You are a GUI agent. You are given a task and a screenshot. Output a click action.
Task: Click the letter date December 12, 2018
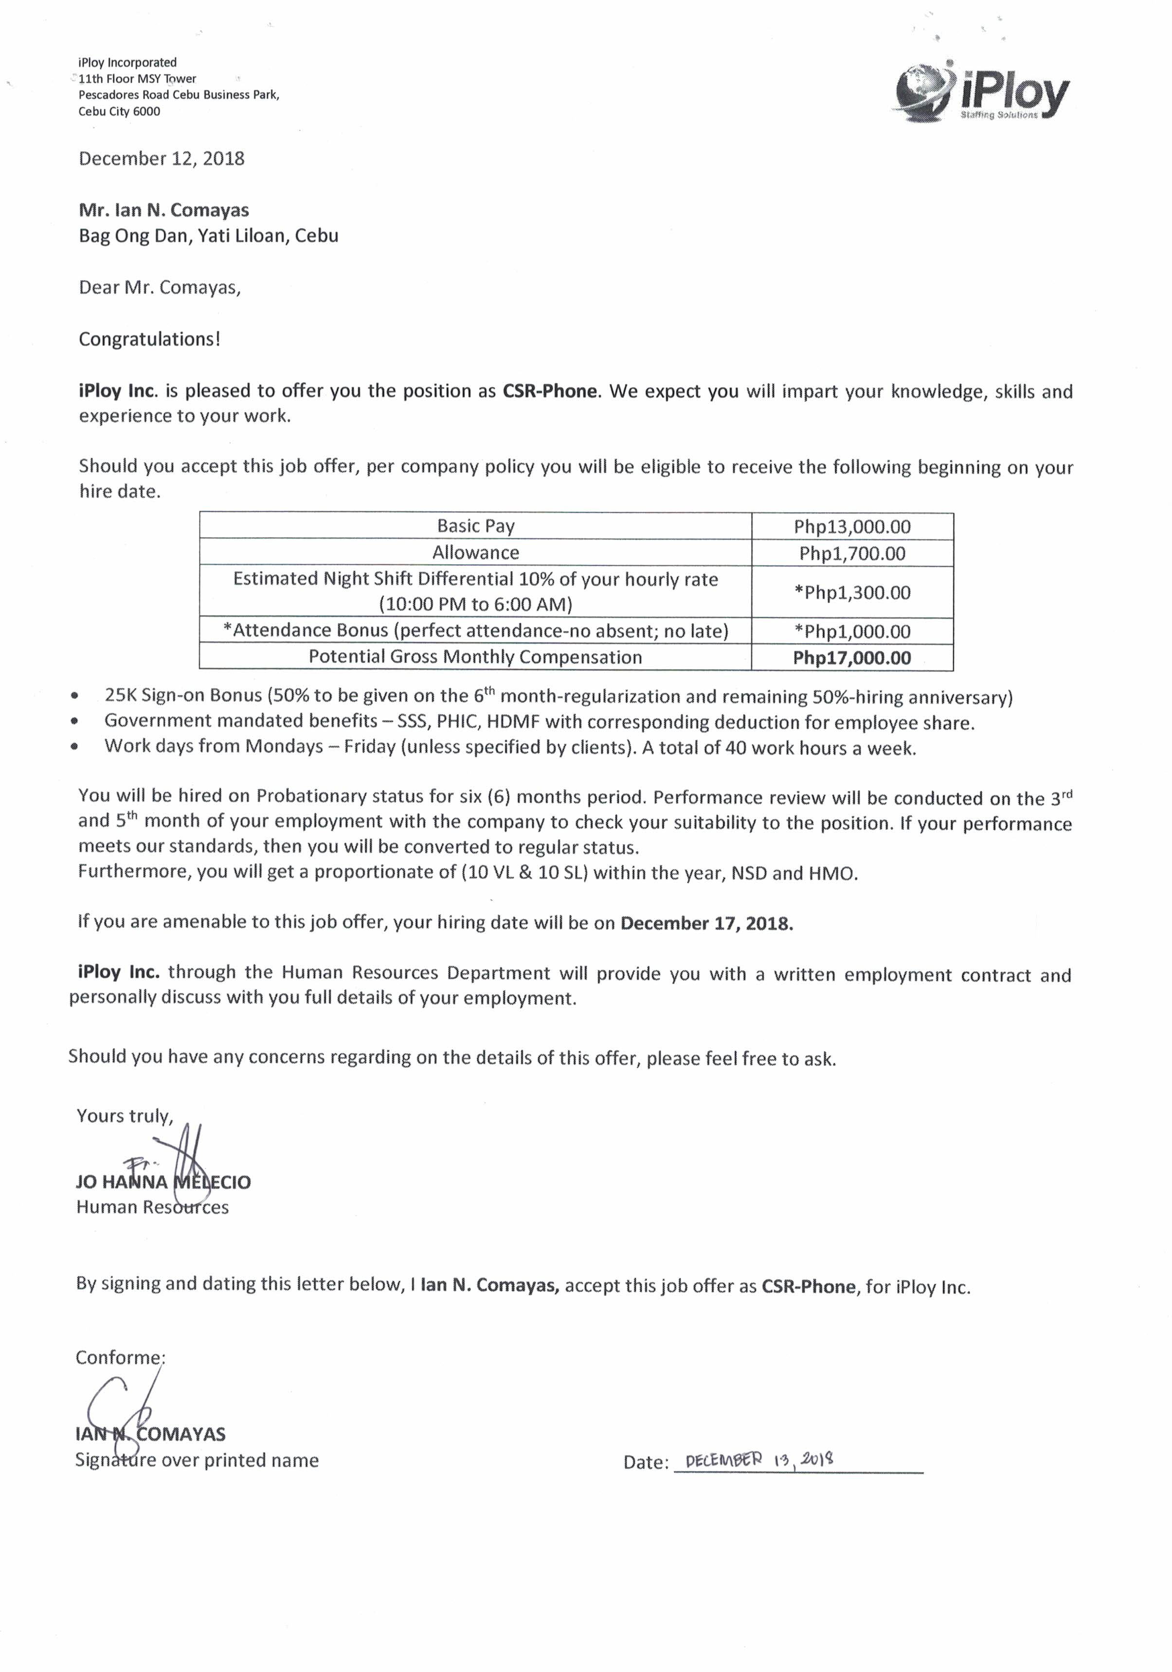pos(162,159)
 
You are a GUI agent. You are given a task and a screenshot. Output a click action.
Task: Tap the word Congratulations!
pos(149,340)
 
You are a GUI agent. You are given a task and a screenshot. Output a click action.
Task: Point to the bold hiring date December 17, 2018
pos(706,923)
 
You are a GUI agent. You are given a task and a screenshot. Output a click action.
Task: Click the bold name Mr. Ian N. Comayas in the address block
pos(164,211)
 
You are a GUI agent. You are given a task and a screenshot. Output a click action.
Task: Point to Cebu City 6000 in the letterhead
pos(120,111)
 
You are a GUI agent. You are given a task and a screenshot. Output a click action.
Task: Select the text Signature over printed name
pos(197,1460)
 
